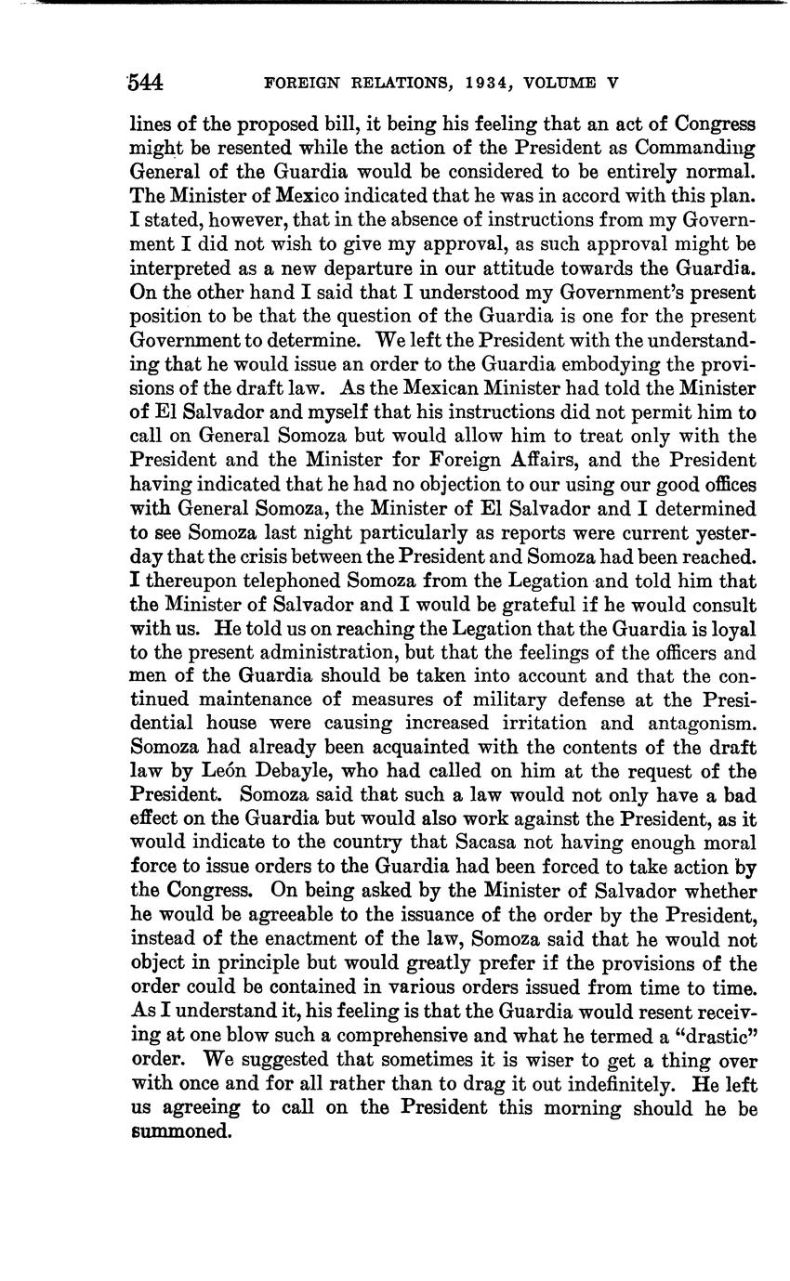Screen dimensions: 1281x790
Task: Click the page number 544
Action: [x=146, y=83]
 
